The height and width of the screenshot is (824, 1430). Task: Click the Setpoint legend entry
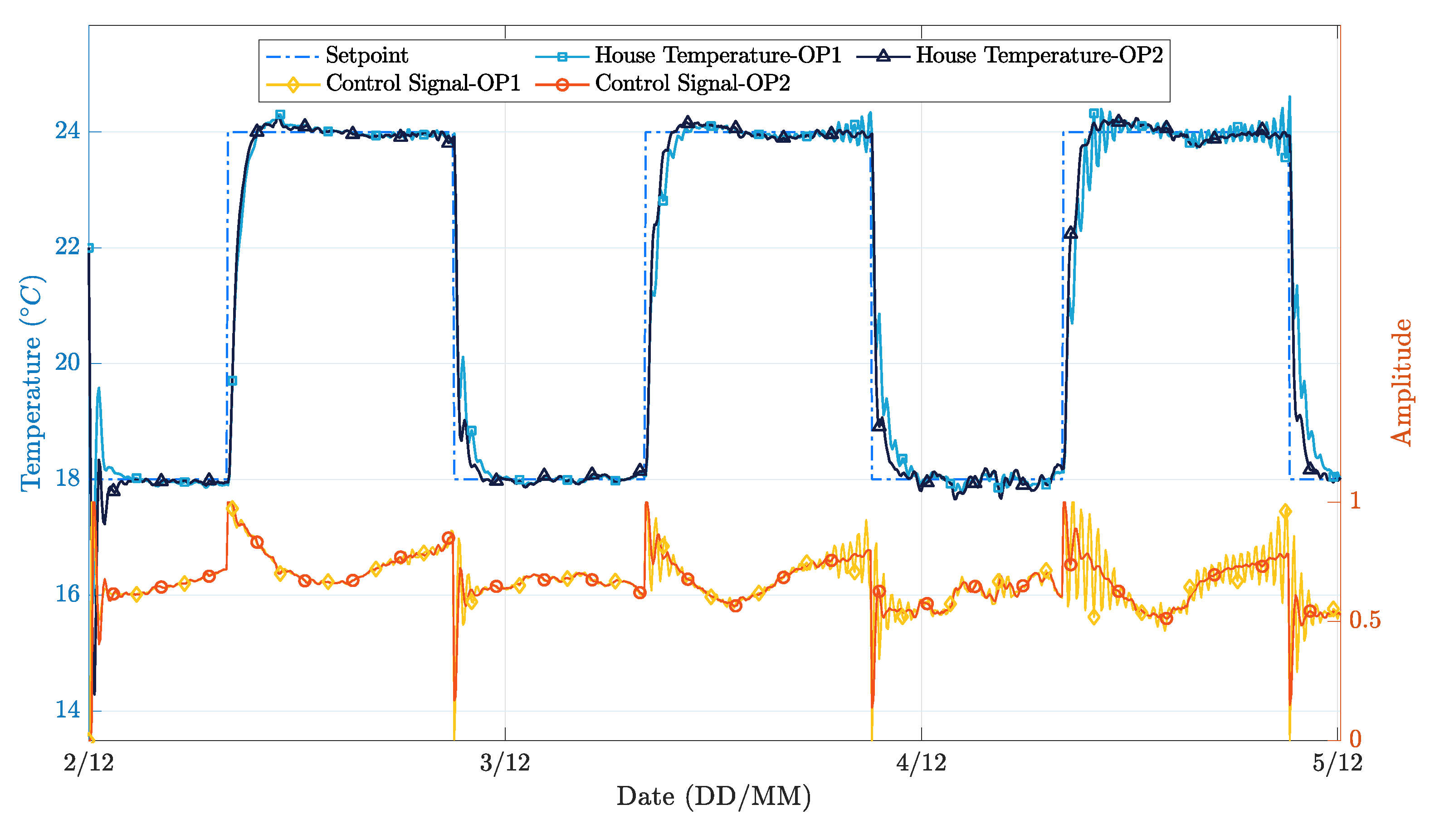pos(367,55)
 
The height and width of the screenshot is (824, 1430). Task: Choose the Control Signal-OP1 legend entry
pos(423,83)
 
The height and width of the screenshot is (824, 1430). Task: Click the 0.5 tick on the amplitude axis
pos(1364,620)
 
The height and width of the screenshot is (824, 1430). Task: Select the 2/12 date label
pos(89,763)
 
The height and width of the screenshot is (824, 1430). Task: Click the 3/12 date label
pos(505,763)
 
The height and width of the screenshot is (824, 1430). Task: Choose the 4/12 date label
pos(921,763)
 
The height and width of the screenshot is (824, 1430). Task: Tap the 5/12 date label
pos(1337,763)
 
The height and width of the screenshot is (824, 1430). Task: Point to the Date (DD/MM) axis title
pos(713,797)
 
